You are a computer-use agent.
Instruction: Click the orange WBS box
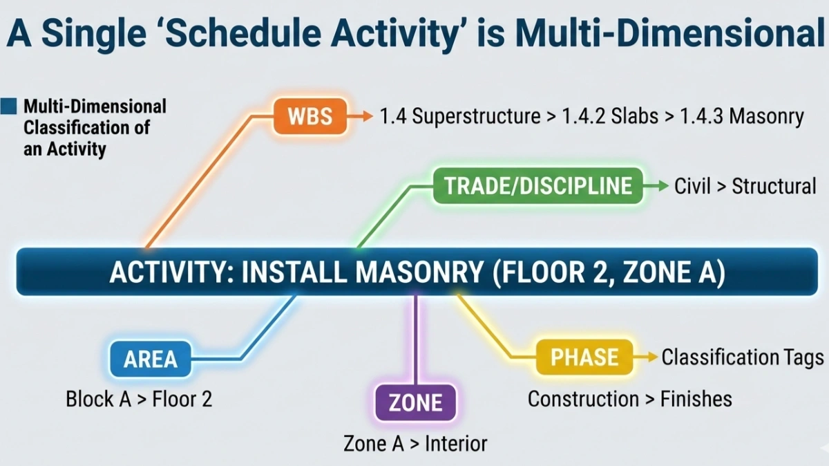tap(309, 116)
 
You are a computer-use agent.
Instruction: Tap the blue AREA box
tap(151, 359)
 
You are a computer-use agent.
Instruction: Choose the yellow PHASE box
tap(584, 357)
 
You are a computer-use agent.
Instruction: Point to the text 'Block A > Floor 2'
tap(139, 399)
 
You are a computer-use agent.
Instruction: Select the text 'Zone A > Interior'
tap(415, 443)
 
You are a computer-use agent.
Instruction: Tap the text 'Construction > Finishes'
tap(629, 399)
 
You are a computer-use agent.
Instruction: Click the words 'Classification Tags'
tap(743, 357)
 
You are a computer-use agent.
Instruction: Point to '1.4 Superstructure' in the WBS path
tap(460, 116)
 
